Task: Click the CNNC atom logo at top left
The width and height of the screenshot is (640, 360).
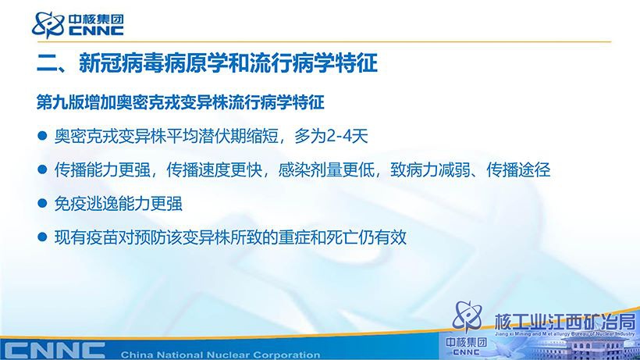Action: (x=48, y=24)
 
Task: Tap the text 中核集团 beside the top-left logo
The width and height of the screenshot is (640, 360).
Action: (x=96, y=20)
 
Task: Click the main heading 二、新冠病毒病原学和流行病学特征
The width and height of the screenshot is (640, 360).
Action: (x=208, y=62)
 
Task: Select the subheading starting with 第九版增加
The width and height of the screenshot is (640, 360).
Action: (x=180, y=102)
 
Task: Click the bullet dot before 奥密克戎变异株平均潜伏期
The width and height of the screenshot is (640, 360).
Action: (x=42, y=136)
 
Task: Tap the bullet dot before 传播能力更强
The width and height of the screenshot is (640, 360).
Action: (x=42, y=169)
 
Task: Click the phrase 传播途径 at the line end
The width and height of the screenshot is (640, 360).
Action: (x=518, y=169)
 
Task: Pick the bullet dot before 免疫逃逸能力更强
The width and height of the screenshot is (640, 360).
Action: (x=42, y=203)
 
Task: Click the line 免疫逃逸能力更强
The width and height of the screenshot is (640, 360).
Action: (x=119, y=204)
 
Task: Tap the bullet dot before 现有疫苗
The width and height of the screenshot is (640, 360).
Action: (x=42, y=237)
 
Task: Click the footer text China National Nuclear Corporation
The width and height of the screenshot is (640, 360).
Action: (x=220, y=355)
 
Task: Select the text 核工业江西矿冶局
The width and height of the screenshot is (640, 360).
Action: (x=565, y=323)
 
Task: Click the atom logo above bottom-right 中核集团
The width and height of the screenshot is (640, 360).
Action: (x=468, y=316)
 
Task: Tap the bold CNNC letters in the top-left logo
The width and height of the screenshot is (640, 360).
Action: (x=96, y=31)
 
